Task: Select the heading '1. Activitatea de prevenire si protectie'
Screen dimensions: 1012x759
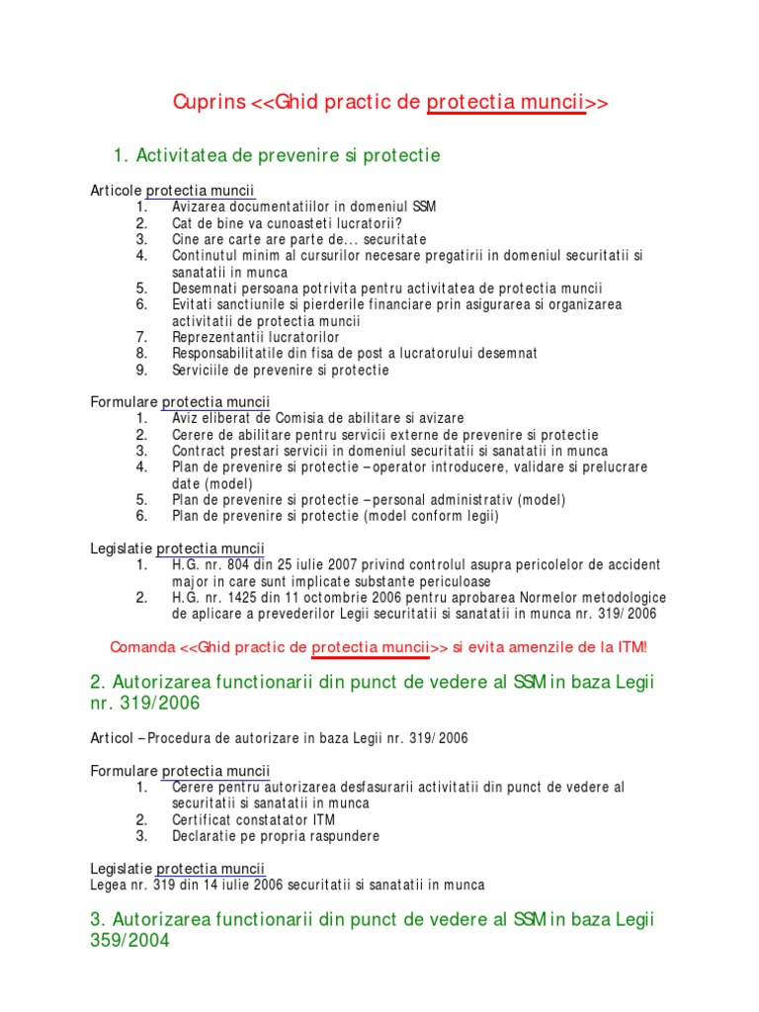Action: (278, 155)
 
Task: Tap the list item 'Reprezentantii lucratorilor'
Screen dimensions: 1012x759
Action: (255, 337)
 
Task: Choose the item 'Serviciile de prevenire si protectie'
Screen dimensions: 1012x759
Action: (281, 370)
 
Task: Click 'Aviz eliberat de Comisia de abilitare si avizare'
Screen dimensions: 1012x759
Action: (317, 419)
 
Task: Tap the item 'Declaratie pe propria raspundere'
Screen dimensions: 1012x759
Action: (276, 835)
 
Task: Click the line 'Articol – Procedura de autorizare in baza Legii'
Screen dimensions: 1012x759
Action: (280, 737)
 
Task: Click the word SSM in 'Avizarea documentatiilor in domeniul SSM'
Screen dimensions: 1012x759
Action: (423, 207)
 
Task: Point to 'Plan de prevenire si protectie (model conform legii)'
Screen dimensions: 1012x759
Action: (335, 516)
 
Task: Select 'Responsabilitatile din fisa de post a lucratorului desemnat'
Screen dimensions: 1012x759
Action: (355, 354)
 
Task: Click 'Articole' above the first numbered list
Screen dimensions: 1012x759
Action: (117, 190)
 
